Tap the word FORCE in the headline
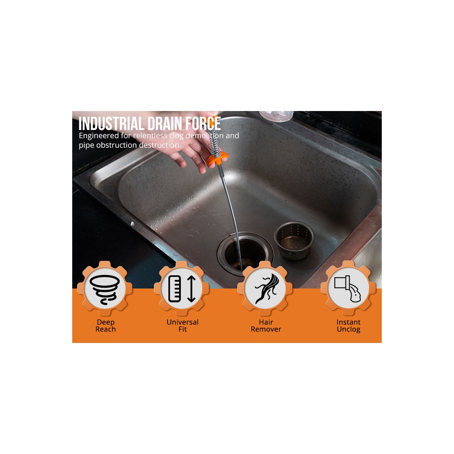[x=203, y=124]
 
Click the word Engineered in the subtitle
[x=99, y=136]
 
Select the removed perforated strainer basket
[x=294, y=240]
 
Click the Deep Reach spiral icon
[x=105, y=289]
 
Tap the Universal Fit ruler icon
[x=182, y=288]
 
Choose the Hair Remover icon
[x=265, y=288]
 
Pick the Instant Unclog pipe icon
[x=348, y=288]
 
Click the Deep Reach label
[x=105, y=326]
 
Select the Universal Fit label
[x=182, y=326]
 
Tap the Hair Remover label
[x=266, y=326]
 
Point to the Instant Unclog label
[x=348, y=326]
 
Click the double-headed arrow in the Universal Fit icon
[x=192, y=289]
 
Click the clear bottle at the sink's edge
[x=277, y=116]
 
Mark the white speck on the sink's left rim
[x=132, y=224]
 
